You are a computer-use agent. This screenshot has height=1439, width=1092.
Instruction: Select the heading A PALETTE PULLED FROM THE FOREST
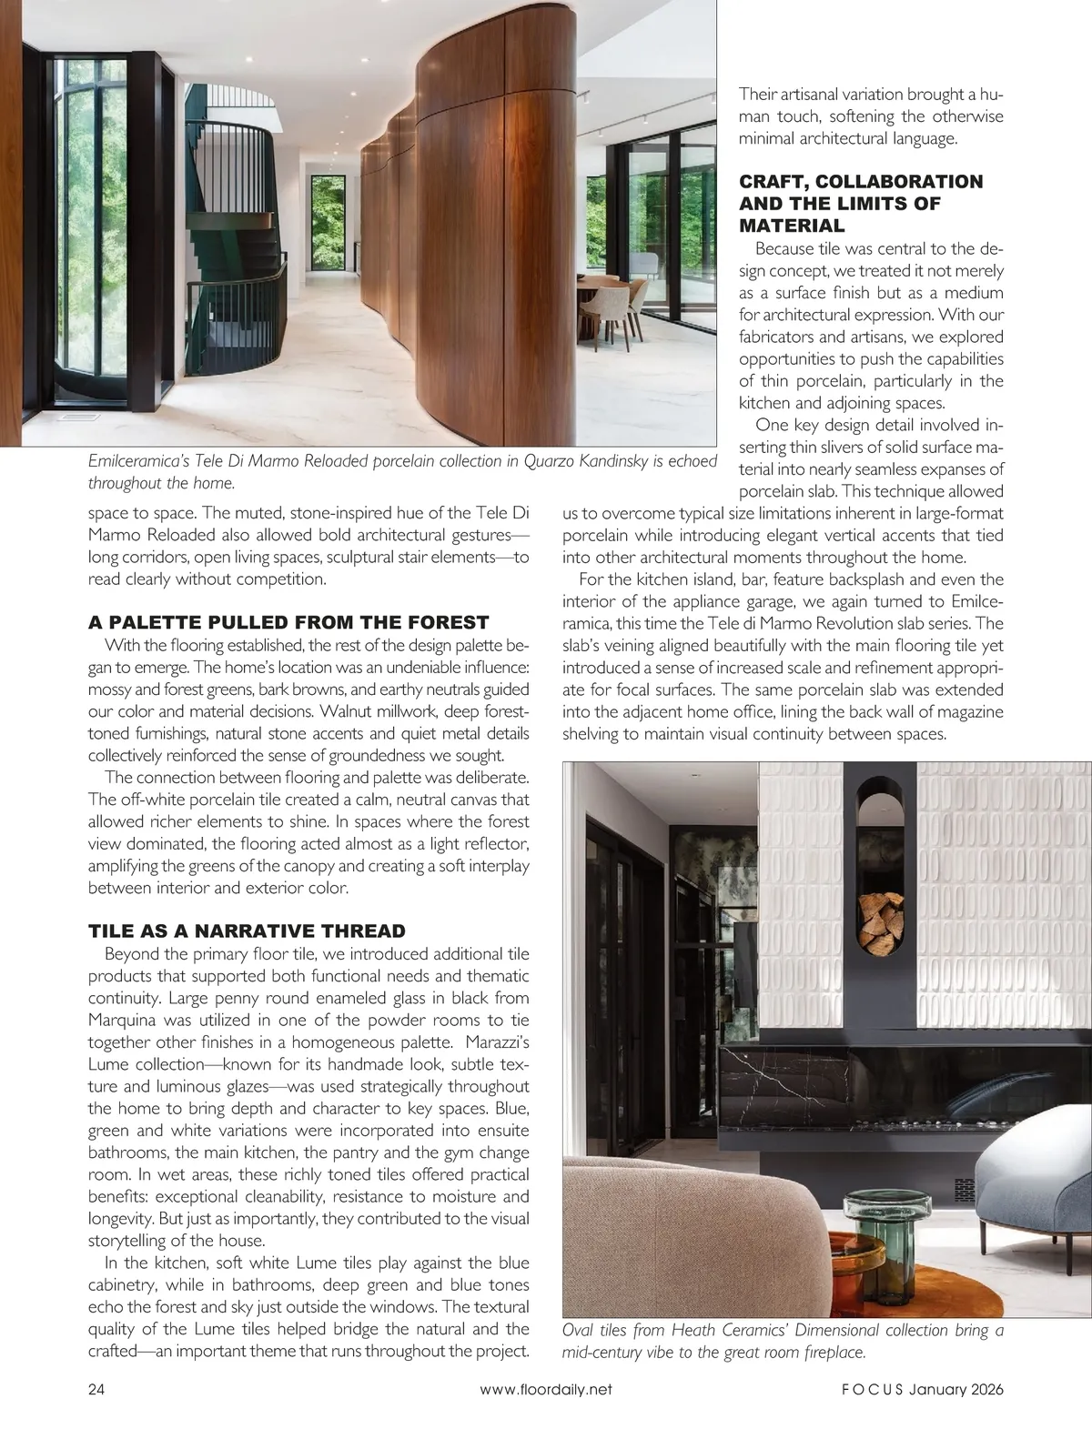(x=288, y=622)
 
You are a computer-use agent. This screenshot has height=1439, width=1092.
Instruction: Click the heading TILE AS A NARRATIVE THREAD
(x=247, y=931)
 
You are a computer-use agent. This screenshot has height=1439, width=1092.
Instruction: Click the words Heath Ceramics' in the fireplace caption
(x=718, y=1330)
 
